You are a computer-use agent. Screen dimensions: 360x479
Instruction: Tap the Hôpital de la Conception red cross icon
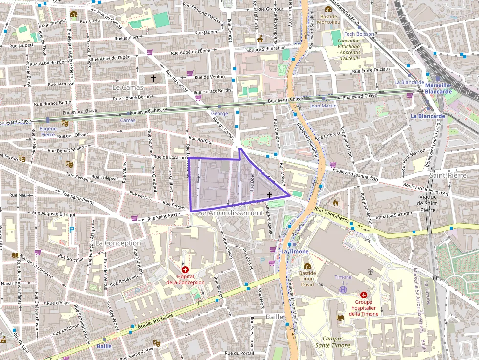click(x=185, y=270)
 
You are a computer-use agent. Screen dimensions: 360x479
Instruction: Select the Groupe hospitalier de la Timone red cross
click(x=363, y=295)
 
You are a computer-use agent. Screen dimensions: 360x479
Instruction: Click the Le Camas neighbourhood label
click(x=128, y=87)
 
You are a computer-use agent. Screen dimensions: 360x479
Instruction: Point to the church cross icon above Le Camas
click(x=153, y=78)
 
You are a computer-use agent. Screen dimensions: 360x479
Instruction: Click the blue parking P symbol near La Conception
click(x=72, y=229)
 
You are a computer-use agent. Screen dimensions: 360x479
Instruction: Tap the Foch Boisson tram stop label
click(x=359, y=34)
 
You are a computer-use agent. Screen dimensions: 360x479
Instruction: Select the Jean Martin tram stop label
click(x=323, y=106)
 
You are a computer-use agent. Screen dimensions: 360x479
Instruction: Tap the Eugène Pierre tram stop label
click(x=48, y=131)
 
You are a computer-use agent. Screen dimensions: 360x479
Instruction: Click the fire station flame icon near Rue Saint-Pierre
click(x=335, y=201)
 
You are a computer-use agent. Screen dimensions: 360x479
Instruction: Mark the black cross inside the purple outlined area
click(x=269, y=195)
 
